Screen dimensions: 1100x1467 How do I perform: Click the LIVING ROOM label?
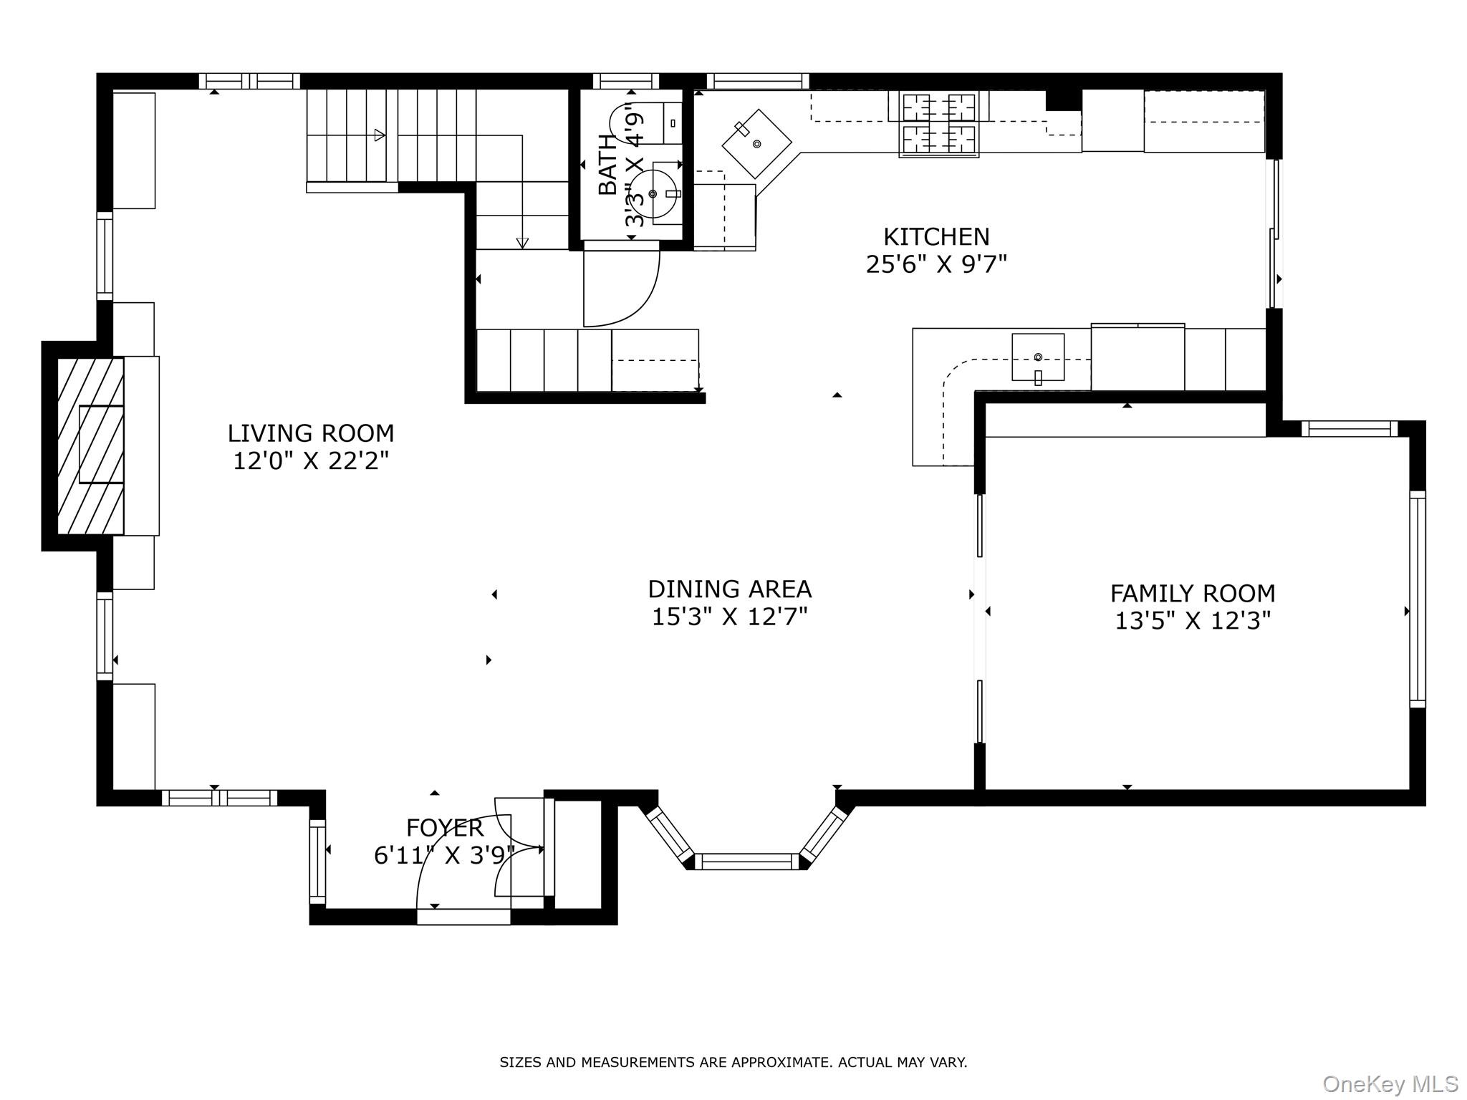(x=311, y=433)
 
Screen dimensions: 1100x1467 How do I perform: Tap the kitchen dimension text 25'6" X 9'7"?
(x=936, y=264)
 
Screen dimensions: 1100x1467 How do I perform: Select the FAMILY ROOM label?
(x=1193, y=593)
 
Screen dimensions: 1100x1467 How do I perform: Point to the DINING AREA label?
(x=729, y=589)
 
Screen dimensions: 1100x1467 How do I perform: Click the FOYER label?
(x=444, y=828)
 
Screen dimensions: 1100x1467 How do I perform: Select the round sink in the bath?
(x=653, y=193)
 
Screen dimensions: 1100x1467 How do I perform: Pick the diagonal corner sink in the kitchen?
(x=756, y=143)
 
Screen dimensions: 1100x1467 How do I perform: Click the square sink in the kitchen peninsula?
(x=1037, y=357)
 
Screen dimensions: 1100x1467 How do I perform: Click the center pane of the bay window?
(x=746, y=862)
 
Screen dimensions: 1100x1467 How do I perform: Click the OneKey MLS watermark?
(x=1390, y=1084)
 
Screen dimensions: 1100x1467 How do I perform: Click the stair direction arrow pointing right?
(x=377, y=135)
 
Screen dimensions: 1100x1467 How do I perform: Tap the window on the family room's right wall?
(x=1417, y=599)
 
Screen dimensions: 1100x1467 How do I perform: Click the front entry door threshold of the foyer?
(x=463, y=917)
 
